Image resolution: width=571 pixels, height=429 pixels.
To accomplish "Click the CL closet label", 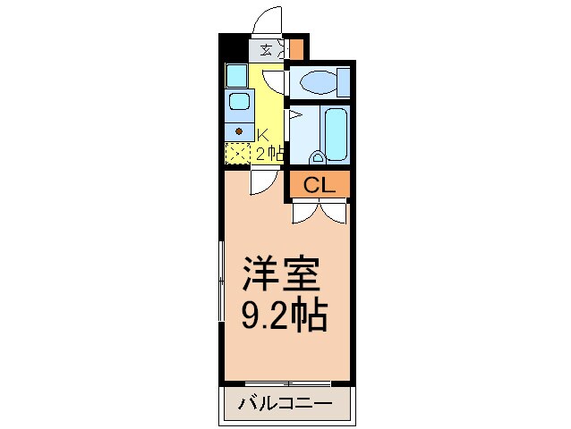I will click(318, 186).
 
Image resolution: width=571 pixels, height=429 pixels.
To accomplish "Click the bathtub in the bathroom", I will click(336, 134).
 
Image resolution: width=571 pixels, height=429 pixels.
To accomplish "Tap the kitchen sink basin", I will click(238, 100).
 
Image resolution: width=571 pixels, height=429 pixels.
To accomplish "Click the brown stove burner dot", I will click(238, 130).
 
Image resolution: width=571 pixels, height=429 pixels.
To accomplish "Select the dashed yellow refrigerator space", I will click(237, 153).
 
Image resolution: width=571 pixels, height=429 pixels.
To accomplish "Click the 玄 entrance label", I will click(267, 50).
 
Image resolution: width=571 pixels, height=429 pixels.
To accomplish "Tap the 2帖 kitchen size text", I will click(269, 154).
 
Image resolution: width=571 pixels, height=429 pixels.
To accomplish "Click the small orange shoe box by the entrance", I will click(296, 48).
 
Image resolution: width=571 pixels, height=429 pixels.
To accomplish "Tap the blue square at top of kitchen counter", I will click(236, 74).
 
